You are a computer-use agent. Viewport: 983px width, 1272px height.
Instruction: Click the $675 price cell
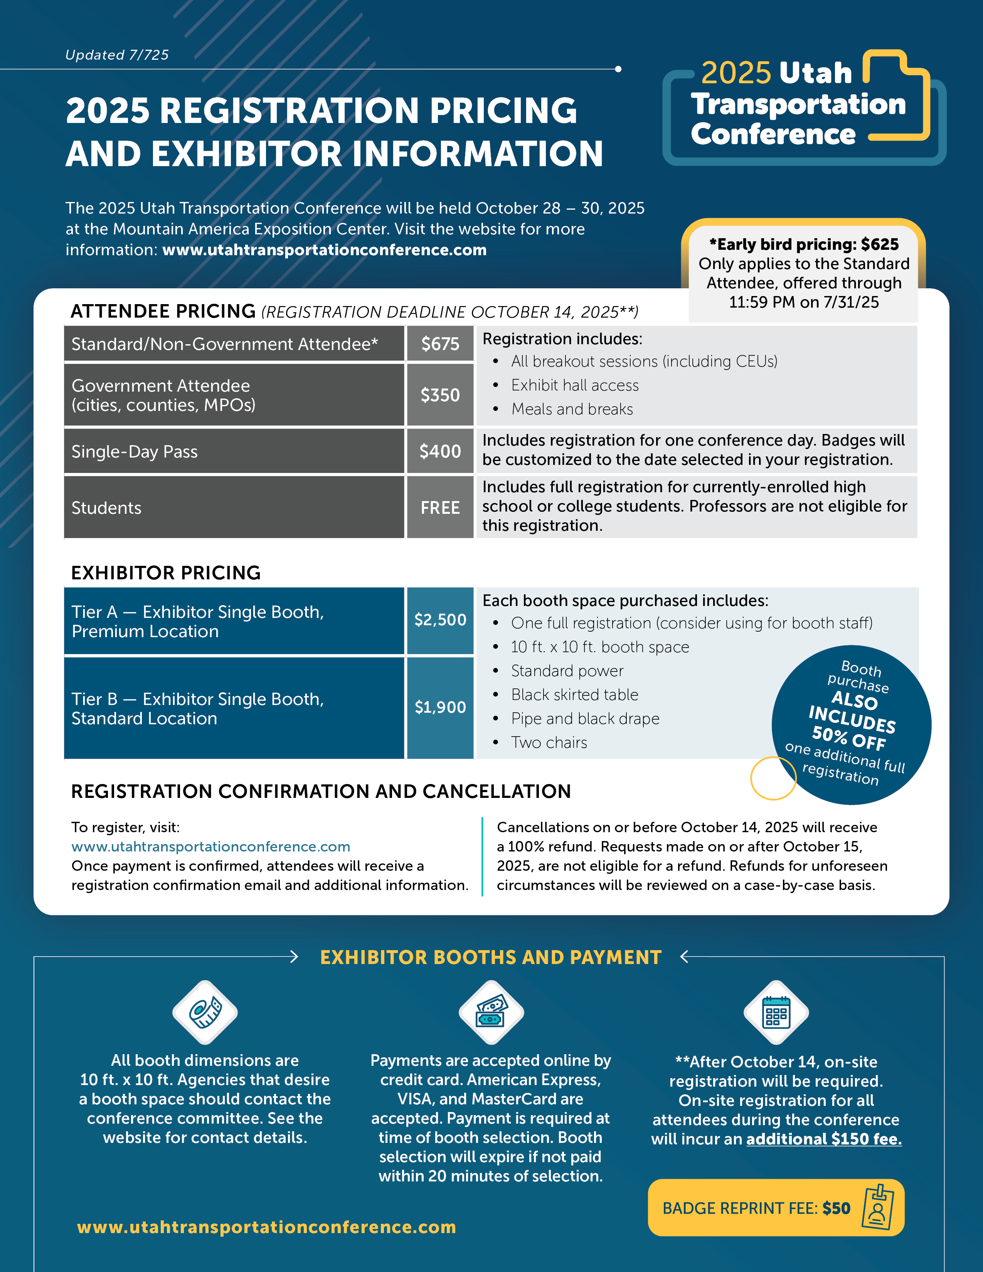point(440,344)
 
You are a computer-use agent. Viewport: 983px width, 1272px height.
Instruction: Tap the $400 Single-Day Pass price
point(440,451)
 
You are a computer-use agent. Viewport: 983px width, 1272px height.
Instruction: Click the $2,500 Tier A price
point(440,620)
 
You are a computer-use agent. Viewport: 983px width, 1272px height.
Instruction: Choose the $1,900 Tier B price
point(440,707)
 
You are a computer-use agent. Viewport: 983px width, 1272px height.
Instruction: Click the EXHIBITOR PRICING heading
point(166,573)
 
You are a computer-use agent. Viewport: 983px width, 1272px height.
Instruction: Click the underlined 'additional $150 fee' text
point(824,1139)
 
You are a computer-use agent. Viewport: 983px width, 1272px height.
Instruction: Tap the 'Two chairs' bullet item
point(549,743)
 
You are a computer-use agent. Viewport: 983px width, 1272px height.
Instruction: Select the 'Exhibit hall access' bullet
point(575,385)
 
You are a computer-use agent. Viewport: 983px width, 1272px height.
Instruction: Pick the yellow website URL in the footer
point(266,1227)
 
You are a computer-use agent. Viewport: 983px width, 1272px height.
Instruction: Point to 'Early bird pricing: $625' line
point(804,245)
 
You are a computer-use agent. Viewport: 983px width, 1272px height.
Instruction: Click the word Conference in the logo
point(773,135)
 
